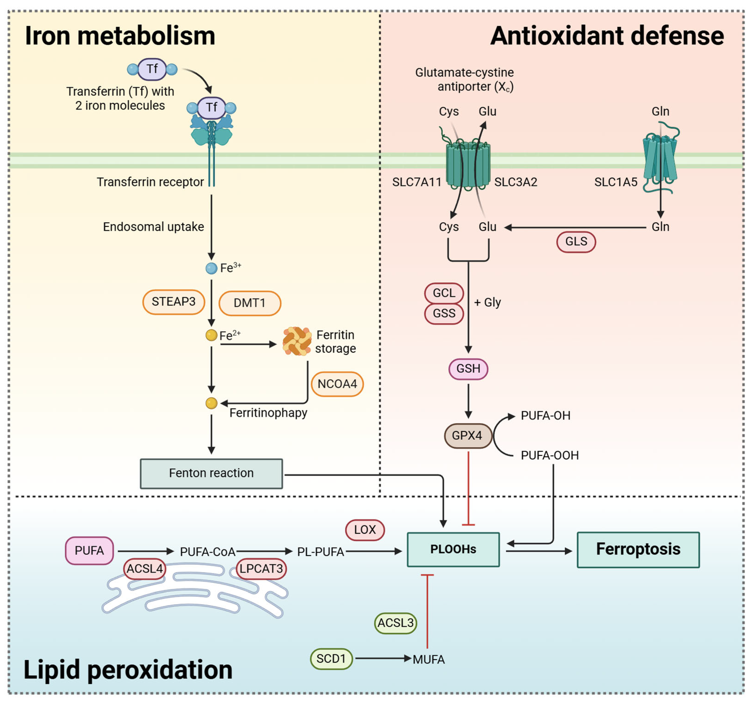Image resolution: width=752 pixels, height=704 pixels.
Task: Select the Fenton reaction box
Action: click(x=211, y=474)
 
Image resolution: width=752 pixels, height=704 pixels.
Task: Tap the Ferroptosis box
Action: click(x=638, y=550)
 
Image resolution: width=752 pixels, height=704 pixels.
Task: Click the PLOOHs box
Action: click(x=453, y=550)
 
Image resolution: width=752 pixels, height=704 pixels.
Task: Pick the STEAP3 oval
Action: click(x=174, y=302)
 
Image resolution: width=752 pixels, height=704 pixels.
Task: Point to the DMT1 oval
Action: click(x=250, y=303)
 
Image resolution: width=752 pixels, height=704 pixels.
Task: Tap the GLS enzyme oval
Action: click(x=576, y=242)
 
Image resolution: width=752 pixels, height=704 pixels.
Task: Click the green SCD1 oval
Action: click(x=331, y=659)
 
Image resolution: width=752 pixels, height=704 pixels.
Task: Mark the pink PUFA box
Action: click(x=89, y=551)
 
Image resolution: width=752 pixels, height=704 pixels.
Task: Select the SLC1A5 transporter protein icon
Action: click(x=660, y=159)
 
